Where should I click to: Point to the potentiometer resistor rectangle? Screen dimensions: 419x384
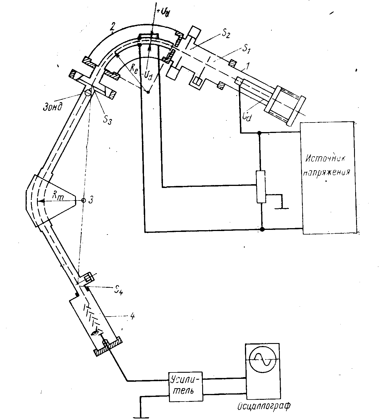(x=261, y=187)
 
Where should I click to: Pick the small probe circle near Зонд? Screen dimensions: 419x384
(x=88, y=93)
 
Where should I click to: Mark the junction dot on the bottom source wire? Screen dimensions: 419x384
(x=262, y=229)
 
